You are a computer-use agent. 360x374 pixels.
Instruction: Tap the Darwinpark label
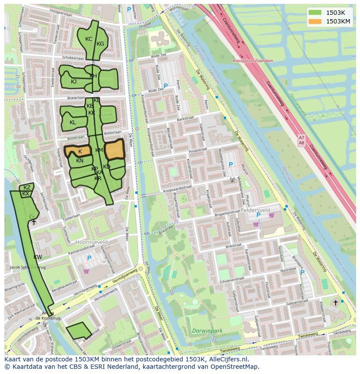coord(207,331)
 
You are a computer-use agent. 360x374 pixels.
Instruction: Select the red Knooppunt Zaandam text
coord(253,61)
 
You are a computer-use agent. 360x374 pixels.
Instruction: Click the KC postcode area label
coord(89,39)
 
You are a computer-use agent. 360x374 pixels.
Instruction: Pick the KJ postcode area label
coord(74,81)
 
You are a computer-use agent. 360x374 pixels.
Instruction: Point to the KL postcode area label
coord(73,122)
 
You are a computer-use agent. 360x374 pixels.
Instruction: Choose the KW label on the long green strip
coord(38,257)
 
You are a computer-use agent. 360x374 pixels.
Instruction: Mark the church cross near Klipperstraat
coord(335,302)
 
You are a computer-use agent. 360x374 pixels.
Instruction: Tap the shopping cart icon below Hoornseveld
coord(86,271)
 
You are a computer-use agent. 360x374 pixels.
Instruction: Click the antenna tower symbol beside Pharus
coord(232,179)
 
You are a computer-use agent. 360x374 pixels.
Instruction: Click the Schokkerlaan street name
coord(73,57)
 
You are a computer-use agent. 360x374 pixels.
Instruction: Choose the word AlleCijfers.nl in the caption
coord(227,359)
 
